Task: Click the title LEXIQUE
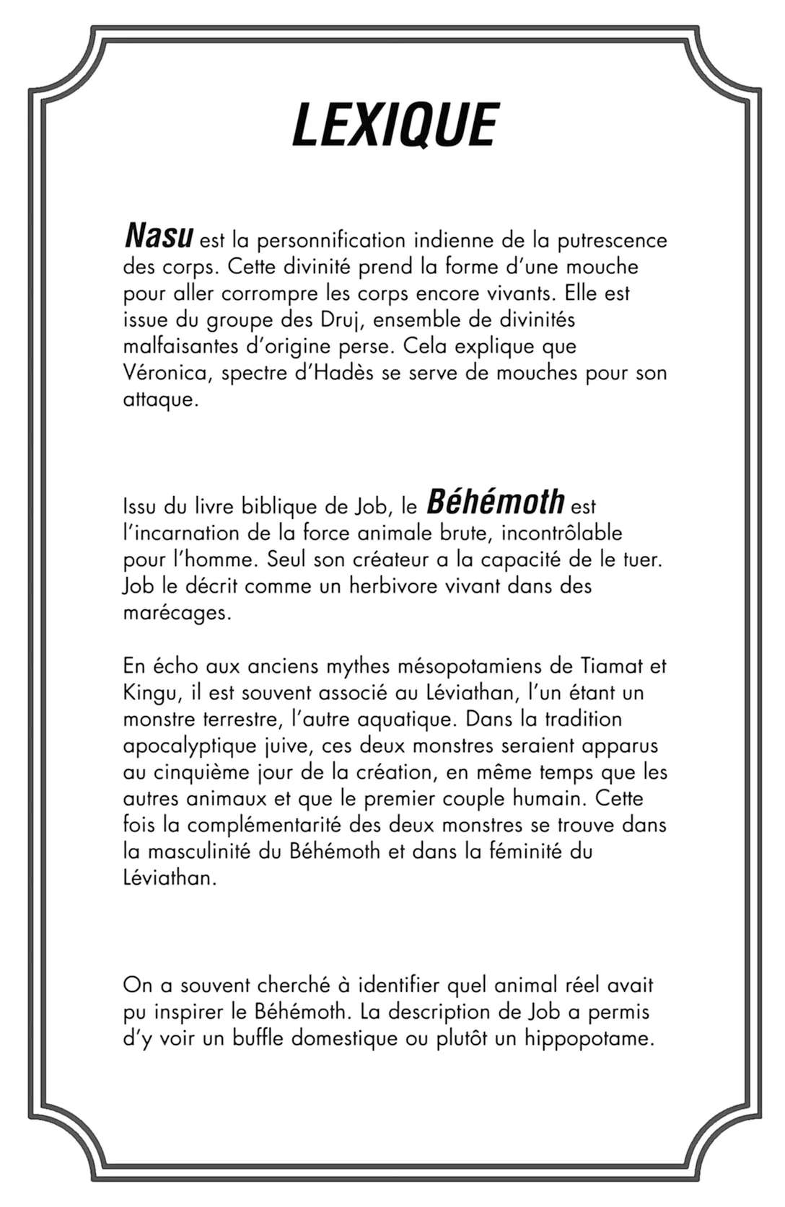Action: [x=395, y=124]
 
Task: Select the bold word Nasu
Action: [x=159, y=236]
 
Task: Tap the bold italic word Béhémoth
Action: [x=495, y=502]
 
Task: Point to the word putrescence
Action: [x=613, y=240]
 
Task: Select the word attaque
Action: [x=159, y=400]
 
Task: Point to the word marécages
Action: [x=176, y=613]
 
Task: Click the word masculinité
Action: [x=200, y=852]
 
